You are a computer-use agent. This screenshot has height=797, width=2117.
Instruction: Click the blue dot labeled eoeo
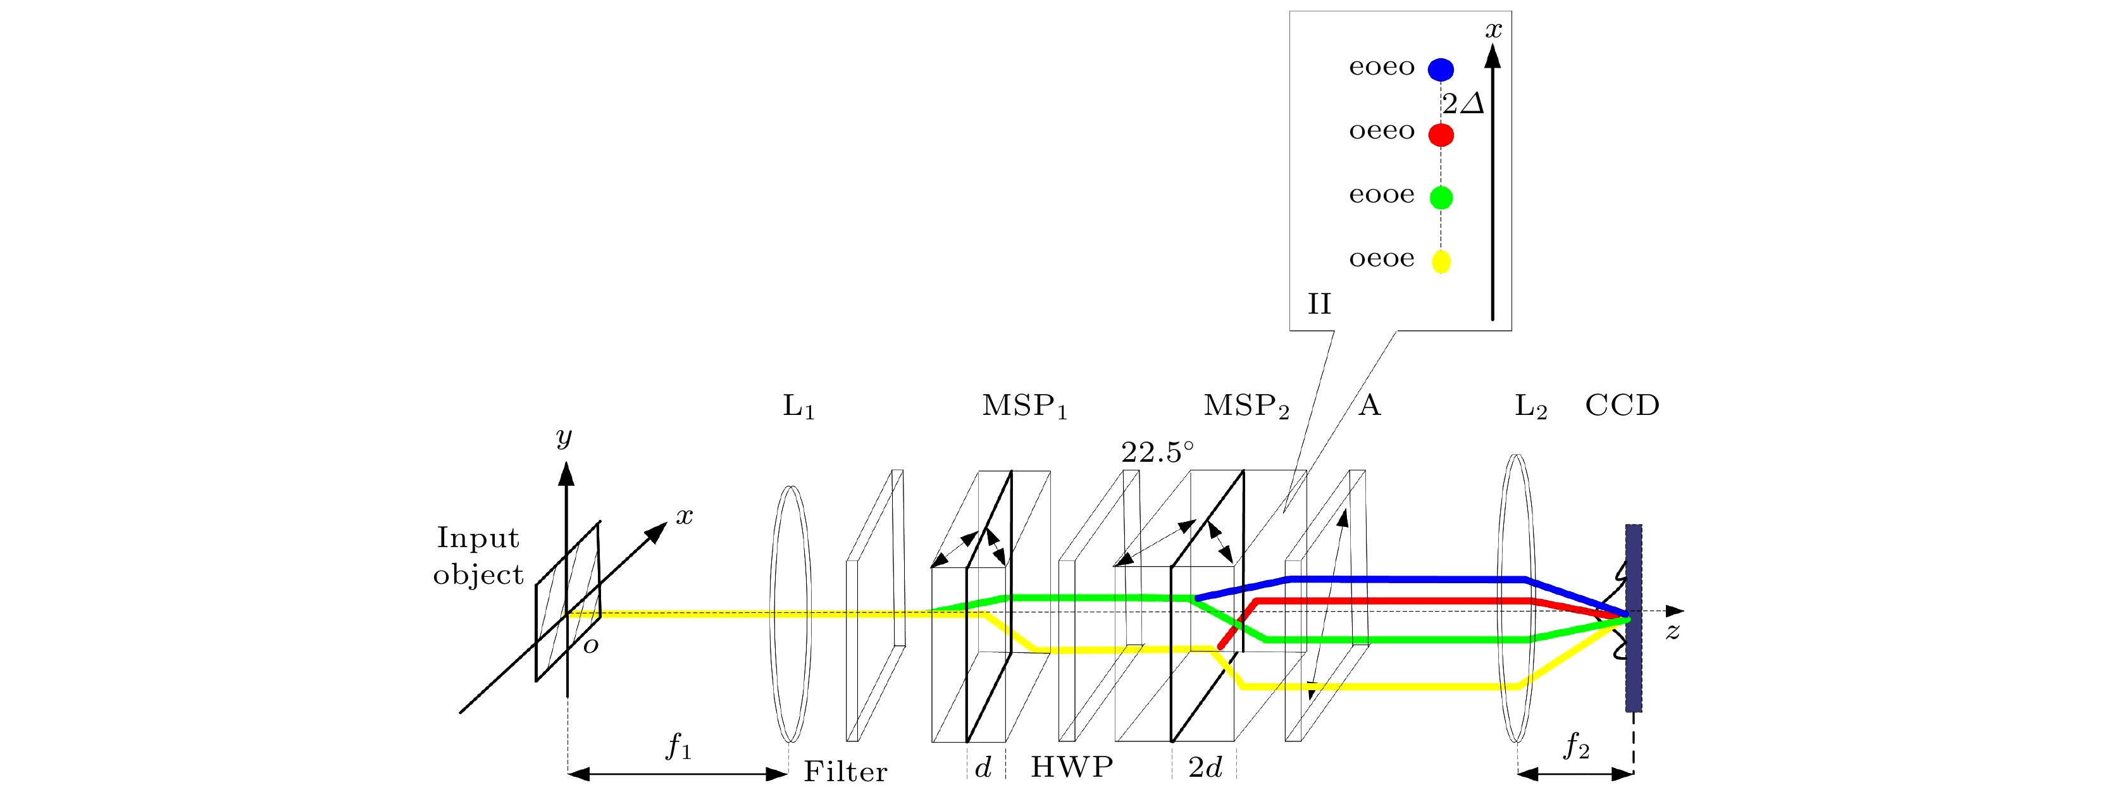1440,70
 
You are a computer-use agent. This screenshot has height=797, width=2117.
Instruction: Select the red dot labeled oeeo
1440,134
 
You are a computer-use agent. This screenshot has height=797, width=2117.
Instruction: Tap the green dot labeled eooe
1441,197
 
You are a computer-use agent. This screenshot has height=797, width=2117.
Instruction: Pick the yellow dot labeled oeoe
1441,261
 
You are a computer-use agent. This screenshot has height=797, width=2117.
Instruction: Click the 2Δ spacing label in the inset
1463,104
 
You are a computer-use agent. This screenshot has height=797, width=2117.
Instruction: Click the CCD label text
1622,405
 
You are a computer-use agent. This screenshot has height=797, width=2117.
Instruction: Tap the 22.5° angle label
1157,452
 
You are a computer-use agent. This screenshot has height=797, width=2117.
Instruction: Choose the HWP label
1072,767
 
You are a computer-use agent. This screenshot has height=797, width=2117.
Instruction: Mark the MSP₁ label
1024,406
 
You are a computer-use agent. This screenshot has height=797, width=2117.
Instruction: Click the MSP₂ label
1246,406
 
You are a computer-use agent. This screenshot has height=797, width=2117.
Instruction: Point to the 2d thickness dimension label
1205,767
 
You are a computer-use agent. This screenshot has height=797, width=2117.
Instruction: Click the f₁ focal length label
678,746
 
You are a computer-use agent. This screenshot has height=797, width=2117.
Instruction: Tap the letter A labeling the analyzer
1369,405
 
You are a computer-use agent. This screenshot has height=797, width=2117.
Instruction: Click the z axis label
1672,632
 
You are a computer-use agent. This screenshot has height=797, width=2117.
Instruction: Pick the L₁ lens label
798,407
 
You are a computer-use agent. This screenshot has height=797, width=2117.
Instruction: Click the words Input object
478,556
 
